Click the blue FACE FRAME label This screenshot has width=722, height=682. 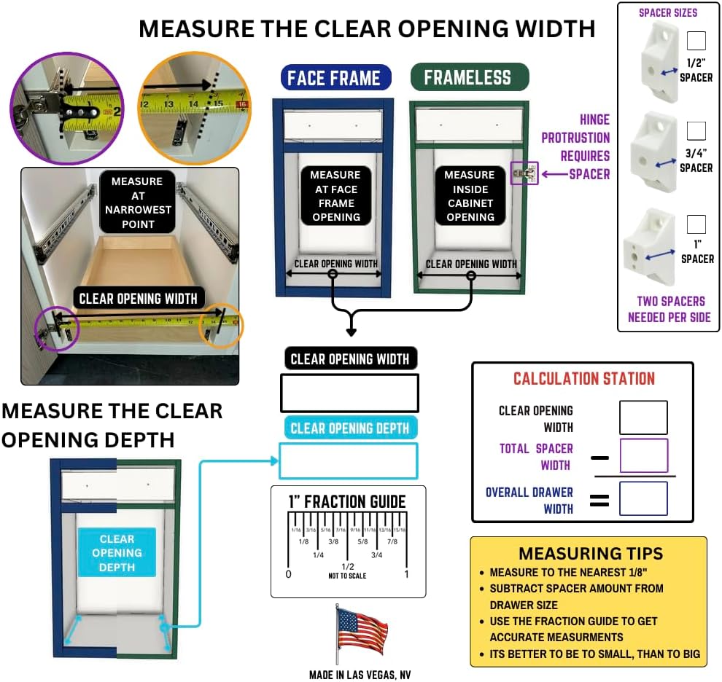(335, 78)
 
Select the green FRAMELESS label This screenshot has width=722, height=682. (469, 77)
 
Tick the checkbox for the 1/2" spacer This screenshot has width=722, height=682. (696, 41)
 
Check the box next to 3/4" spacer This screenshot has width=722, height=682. (696, 130)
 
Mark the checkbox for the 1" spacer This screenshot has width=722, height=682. (696, 224)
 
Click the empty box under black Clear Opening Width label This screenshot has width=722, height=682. (349, 393)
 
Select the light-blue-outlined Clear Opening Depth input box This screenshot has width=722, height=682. (348, 460)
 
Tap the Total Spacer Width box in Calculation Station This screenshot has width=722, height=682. (643, 455)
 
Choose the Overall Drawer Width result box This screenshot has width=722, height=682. (643, 498)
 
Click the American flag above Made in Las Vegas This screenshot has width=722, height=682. (362, 631)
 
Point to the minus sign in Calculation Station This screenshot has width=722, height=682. (599, 458)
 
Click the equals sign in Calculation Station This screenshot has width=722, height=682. (599, 500)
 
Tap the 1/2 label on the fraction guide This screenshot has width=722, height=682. (347, 567)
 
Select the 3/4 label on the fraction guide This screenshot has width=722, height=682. (376, 555)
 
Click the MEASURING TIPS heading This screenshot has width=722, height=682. (591, 553)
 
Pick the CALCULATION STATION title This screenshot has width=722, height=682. (584, 378)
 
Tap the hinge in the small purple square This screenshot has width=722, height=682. (525, 173)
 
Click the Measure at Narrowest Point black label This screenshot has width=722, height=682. (138, 203)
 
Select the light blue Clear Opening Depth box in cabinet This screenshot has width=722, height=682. (117, 553)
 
